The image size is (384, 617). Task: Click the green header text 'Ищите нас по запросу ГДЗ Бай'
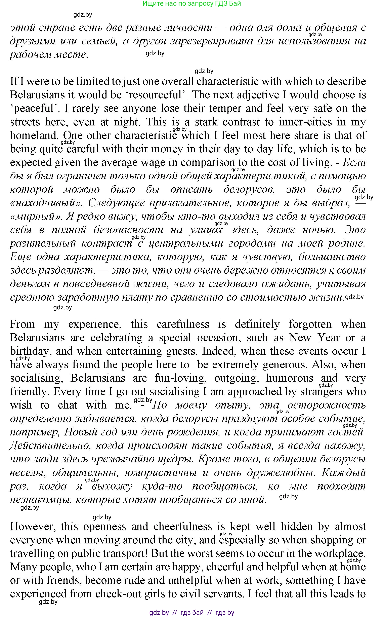[x=191, y=4]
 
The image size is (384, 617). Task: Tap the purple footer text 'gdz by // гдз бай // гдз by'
[x=191, y=612]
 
